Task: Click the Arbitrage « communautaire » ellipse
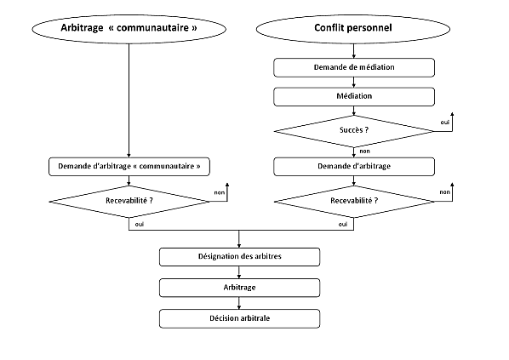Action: point(128,28)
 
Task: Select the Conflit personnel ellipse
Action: point(353,28)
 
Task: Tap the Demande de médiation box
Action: point(353,67)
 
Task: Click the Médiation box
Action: point(353,96)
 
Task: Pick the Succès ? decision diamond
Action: point(353,130)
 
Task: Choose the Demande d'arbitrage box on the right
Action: point(353,166)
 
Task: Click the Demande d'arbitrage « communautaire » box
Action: point(128,166)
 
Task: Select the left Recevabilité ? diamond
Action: point(128,202)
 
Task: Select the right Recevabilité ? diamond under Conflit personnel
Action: point(353,202)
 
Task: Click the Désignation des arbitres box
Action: point(239,256)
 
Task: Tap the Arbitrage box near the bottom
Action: point(239,288)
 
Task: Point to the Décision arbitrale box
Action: point(239,319)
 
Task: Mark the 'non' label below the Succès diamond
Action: point(364,151)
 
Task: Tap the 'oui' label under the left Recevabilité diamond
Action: point(138,224)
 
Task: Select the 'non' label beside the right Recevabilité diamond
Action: point(443,193)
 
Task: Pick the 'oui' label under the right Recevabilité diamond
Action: point(342,224)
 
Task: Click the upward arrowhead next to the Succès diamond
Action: point(452,114)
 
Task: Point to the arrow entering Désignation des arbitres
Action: point(239,243)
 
